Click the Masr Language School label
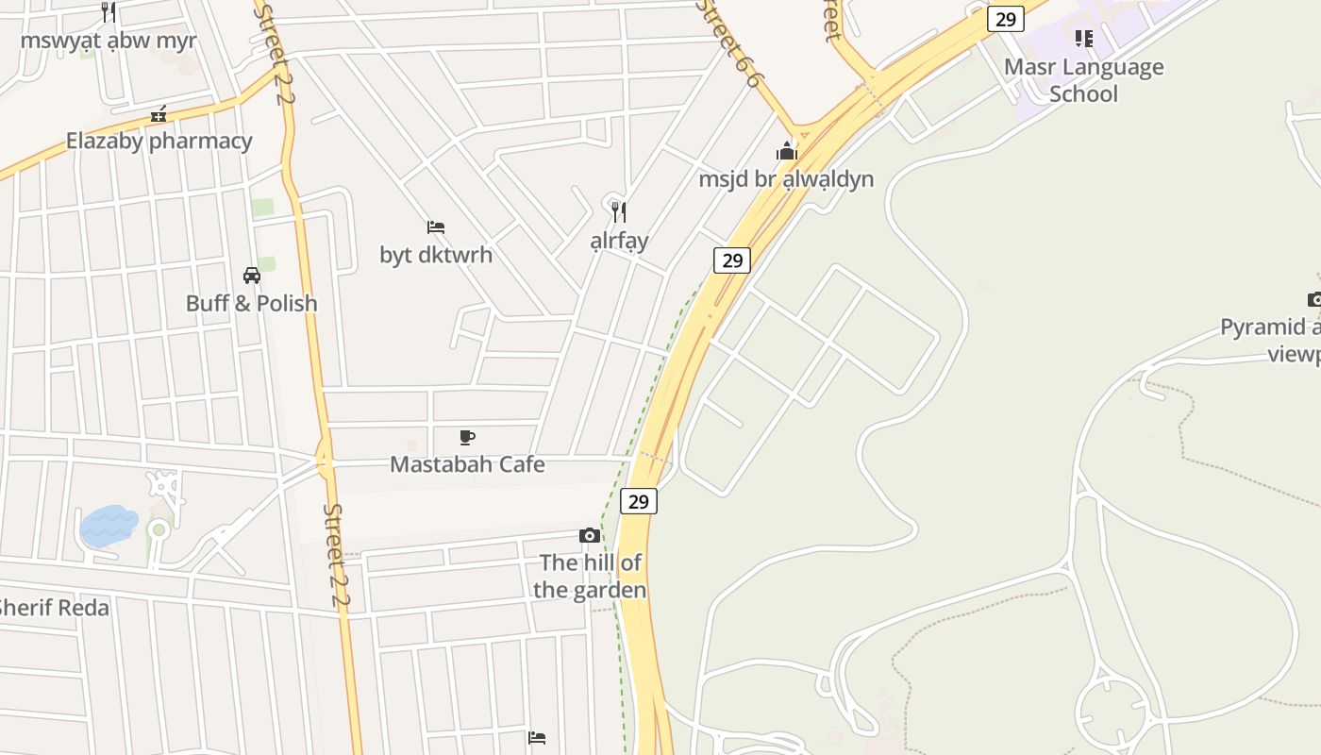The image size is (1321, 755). (1083, 80)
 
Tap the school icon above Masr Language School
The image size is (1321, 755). (1083, 39)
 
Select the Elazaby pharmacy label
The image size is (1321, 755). (159, 141)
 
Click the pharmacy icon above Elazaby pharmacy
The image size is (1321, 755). (159, 114)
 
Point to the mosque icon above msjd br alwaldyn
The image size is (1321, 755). (786, 151)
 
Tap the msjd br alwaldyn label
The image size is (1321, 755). (786, 178)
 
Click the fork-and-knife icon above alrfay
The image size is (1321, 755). (619, 211)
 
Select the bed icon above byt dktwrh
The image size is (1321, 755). (436, 227)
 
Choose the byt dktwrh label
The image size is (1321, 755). (436, 255)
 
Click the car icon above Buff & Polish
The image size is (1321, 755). (252, 276)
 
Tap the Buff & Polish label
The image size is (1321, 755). (252, 303)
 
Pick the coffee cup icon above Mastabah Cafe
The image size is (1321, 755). (467, 437)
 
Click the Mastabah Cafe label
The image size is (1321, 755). (467, 464)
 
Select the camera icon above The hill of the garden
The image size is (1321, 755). (590, 536)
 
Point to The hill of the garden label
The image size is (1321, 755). (590, 577)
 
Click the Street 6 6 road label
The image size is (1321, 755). (728, 43)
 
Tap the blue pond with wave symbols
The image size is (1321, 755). (109, 525)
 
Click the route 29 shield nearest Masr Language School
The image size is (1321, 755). (1006, 19)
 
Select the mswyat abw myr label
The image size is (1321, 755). (109, 41)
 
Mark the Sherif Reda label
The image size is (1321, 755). (54, 608)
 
